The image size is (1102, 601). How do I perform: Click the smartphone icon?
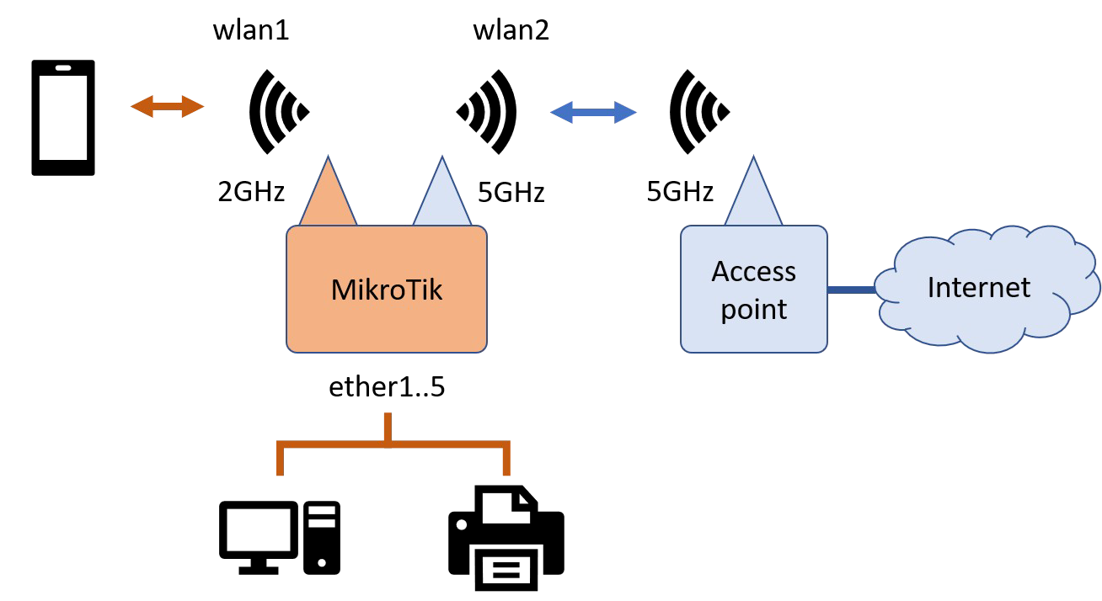(63, 118)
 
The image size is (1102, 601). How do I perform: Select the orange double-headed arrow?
(168, 106)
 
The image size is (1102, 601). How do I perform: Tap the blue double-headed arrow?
(592, 112)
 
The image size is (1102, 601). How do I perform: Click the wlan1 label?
(251, 32)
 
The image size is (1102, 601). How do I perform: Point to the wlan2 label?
(511, 32)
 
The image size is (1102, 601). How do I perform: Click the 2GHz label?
(251, 192)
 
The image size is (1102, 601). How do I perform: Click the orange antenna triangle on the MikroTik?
(329, 198)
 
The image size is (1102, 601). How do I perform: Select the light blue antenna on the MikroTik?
(441, 198)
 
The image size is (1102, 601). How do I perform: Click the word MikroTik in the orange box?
(387, 290)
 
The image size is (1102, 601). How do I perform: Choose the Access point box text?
(753, 290)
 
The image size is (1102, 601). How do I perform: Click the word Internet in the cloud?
(978, 288)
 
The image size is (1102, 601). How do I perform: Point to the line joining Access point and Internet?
(851, 290)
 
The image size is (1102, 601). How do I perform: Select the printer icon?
(506, 539)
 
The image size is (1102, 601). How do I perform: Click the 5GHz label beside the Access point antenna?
(680, 192)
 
